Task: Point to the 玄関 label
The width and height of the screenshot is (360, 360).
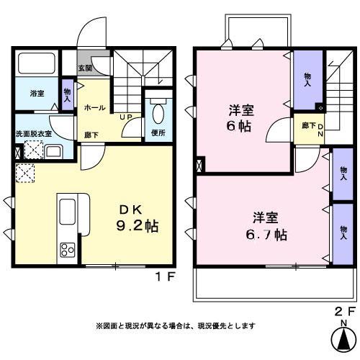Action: click(86, 68)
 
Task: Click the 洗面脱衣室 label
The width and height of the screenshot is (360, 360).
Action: click(34, 135)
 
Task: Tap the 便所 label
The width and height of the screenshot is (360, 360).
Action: click(158, 133)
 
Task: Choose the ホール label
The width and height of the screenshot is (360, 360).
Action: click(95, 108)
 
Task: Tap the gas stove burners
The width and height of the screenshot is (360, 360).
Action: click(68, 250)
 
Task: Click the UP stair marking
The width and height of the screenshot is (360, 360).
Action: click(125, 117)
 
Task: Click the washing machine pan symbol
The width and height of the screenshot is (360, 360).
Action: click(32, 150)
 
